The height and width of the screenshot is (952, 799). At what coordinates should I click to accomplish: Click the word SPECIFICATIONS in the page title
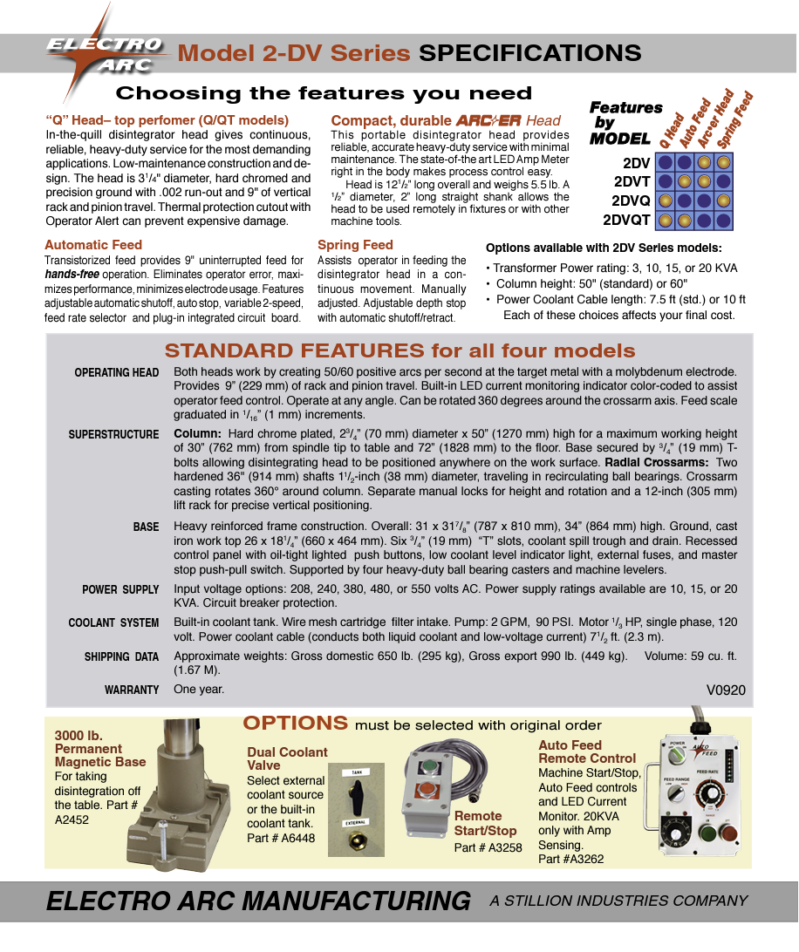pyautogui.click(x=530, y=53)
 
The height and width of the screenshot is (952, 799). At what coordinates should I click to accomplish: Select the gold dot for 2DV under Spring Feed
pyautogui.click(x=724, y=162)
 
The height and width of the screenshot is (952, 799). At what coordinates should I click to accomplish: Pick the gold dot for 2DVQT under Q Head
pyautogui.click(x=666, y=220)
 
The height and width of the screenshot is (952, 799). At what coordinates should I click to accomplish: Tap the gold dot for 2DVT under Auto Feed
pyautogui.click(x=685, y=181)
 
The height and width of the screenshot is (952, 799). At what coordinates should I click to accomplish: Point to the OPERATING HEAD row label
pyautogui.click(x=116, y=372)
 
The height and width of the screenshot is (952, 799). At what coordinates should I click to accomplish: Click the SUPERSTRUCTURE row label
pyautogui.click(x=113, y=434)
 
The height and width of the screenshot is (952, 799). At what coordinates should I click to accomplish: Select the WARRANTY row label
pyautogui.click(x=132, y=690)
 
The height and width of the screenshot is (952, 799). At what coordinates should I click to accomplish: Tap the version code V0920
pyautogui.click(x=726, y=690)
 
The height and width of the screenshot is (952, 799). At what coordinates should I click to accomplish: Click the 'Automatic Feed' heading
pyautogui.click(x=93, y=245)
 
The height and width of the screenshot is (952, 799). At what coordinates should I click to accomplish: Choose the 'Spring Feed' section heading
pyautogui.click(x=355, y=245)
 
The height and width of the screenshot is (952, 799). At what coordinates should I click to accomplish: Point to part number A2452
pyautogui.click(x=72, y=819)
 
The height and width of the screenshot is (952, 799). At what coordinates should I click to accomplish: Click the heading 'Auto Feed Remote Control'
pyautogui.click(x=587, y=751)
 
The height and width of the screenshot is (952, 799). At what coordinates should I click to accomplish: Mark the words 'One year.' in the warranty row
pyautogui.click(x=199, y=689)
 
